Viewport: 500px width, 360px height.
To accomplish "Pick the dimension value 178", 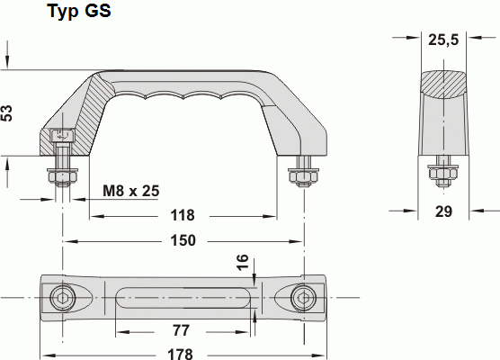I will [x=183, y=353].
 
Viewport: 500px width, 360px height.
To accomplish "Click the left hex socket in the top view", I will [x=62, y=298].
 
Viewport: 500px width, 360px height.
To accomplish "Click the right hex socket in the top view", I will [x=303, y=298].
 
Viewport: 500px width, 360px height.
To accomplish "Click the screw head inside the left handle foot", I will [x=62, y=137].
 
